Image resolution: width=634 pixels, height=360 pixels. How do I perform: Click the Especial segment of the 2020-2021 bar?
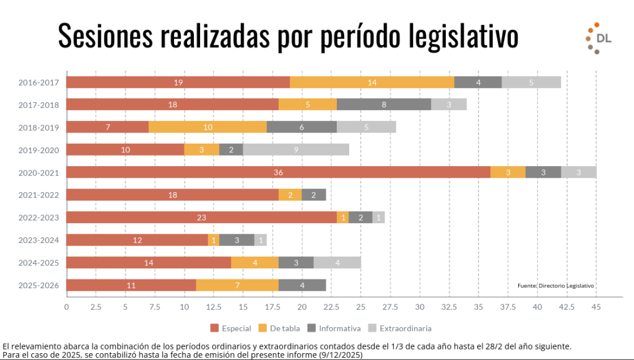(278, 172)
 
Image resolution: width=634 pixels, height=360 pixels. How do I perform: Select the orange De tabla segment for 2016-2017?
(372, 82)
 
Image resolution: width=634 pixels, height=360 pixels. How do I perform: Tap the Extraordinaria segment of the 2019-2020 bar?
(296, 149)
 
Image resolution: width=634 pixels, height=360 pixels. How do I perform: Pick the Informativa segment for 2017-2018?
(384, 105)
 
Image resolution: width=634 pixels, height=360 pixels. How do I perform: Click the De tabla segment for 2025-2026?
(237, 285)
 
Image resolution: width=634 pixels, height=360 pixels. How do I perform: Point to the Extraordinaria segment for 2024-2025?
(337, 263)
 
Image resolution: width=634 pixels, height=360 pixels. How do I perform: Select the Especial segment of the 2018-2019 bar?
(107, 127)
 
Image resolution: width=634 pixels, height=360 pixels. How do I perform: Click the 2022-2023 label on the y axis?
(38, 217)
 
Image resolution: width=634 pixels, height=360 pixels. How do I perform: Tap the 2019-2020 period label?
(38, 150)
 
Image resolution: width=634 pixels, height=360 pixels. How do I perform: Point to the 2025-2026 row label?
(38, 285)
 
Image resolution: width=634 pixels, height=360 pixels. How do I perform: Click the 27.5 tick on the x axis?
(389, 307)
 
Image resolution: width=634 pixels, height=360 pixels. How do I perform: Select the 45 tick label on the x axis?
(596, 307)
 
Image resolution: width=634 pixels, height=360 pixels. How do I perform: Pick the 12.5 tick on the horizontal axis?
(214, 307)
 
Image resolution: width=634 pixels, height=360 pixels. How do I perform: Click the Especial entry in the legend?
(230, 328)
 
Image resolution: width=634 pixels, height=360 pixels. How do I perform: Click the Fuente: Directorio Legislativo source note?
(555, 286)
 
